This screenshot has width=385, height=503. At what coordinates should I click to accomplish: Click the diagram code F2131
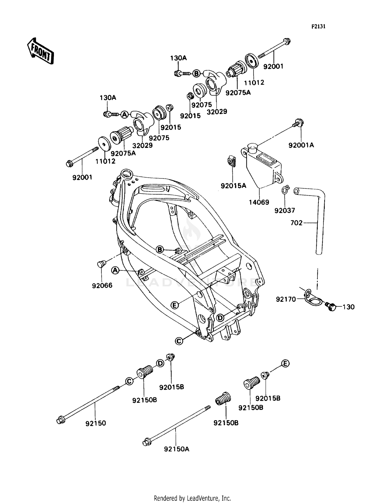point(318,27)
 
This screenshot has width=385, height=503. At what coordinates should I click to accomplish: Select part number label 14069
point(259,202)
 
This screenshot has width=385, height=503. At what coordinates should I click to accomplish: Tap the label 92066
point(102,285)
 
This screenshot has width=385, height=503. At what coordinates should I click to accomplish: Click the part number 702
point(296,223)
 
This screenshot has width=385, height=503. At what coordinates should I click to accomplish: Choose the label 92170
point(286,299)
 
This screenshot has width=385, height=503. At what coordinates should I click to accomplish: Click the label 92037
point(285,210)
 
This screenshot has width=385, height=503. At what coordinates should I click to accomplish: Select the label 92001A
point(301,145)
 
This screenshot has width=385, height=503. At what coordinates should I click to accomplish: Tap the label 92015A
point(233,186)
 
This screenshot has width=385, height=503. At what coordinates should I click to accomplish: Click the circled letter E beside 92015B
point(285,363)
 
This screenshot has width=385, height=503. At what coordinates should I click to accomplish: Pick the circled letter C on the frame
point(179,341)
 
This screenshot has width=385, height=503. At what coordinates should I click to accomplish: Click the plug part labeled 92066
point(101,264)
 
